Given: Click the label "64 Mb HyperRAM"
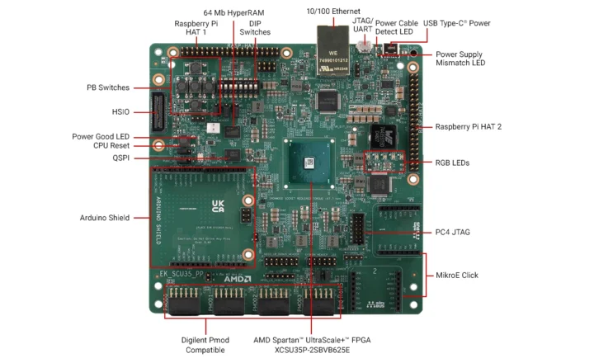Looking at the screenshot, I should tap(233, 12).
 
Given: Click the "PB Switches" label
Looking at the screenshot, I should tap(108, 87).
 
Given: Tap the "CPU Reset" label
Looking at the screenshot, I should tap(111, 146).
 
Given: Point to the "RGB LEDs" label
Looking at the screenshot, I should tap(451, 163).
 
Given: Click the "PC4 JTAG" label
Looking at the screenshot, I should tap(452, 232).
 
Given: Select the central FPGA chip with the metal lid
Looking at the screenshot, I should tap(311, 163).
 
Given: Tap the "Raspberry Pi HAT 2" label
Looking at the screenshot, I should tap(468, 127).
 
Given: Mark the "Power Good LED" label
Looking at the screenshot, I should tap(101, 136).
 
